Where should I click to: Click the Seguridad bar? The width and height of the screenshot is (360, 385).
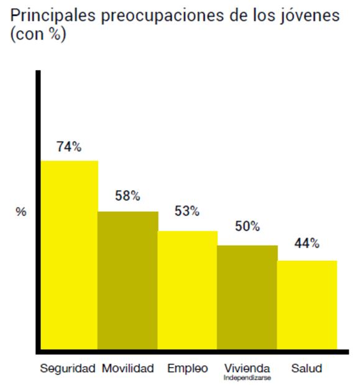click(x=70, y=255)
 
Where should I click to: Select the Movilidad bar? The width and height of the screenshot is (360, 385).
click(x=128, y=280)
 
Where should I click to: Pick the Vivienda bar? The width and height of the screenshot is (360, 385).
click(x=247, y=297)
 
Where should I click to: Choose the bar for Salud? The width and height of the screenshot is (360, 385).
click(x=307, y=304)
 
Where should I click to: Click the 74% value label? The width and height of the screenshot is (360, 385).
click(x=68, y=147)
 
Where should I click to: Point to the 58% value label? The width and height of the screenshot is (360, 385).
click(x=127, y=196)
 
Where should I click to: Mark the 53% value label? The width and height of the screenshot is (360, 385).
click(x=187, y=211)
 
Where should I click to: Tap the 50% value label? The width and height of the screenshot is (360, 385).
click(x=247, y=226)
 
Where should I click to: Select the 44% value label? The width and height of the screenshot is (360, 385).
click(x=307, y=243)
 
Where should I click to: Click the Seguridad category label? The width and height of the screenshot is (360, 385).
click(x=68, y=368)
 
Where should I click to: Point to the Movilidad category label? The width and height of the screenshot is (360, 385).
click(x=127, y=368)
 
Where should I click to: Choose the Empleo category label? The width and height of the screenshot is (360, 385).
click(x=187, y=368)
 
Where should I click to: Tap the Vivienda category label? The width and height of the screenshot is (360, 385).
click(x=247, y=368)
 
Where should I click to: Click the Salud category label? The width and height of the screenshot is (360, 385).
click(x=307, y=368)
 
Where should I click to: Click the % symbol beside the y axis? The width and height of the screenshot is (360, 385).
click(x=21, y=212)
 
